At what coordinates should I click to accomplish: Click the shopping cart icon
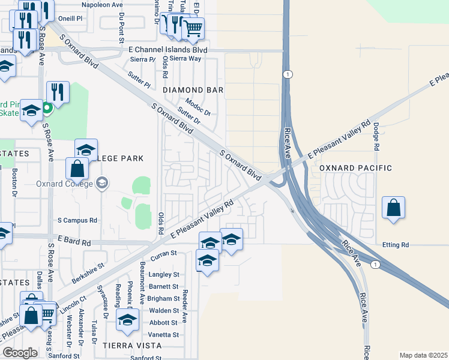pos(193,28)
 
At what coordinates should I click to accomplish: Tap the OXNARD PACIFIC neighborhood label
pos(355,169)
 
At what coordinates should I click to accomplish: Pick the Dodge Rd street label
pos(376,137)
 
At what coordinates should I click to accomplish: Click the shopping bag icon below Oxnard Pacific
pos(393,208)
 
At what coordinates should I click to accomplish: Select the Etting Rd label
pos(396,245)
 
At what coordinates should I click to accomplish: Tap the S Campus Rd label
pos(77,221)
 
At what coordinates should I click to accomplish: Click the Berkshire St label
pos(88,272)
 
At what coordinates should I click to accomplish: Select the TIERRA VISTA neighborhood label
pos(131,346)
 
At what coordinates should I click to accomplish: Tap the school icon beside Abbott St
pos(127,319)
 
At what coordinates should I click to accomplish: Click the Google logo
pos(20,353)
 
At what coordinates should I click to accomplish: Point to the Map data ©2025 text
pos(424,355)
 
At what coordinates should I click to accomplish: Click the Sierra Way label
pos(185,59)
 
